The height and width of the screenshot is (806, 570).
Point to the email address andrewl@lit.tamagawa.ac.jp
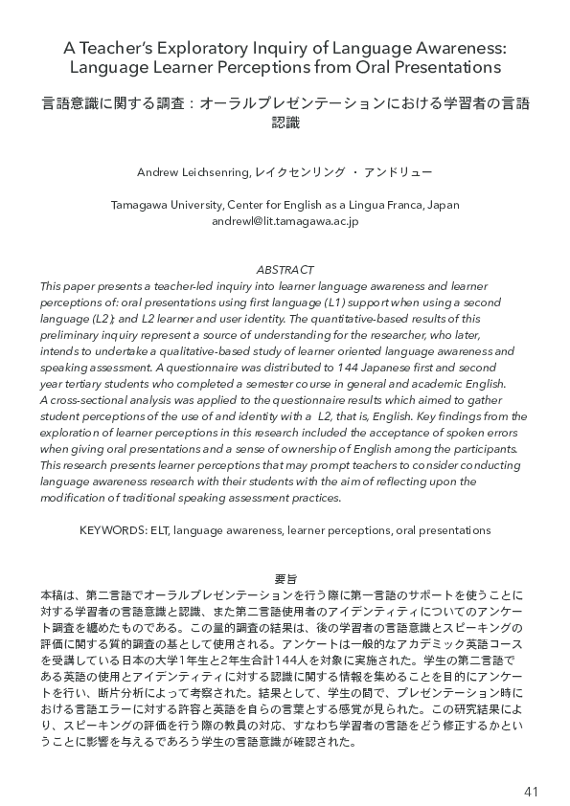[285, 220]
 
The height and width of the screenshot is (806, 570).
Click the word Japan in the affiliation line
[441, 205]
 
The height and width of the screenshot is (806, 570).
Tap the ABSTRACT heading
[285, 271]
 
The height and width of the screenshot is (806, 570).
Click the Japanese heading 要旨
[285, 579]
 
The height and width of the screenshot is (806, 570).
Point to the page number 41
[533, 765]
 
